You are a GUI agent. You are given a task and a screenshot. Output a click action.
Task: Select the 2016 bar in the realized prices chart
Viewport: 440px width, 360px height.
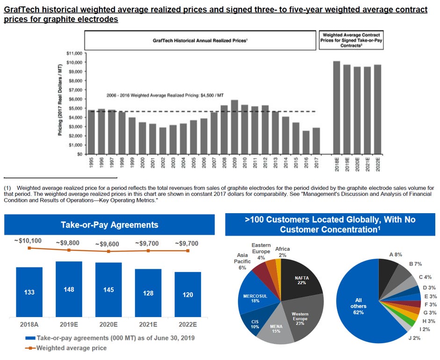(305, 142)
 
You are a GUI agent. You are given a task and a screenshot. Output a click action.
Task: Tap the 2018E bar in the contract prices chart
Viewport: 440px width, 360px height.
(336, 108)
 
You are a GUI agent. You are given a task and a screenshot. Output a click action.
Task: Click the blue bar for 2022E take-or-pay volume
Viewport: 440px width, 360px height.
(188, 295)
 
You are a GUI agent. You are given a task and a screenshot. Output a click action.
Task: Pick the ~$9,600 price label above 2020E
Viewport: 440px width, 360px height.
(108, 244)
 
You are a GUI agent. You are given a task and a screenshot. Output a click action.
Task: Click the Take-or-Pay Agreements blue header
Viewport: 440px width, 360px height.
(109, 225)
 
